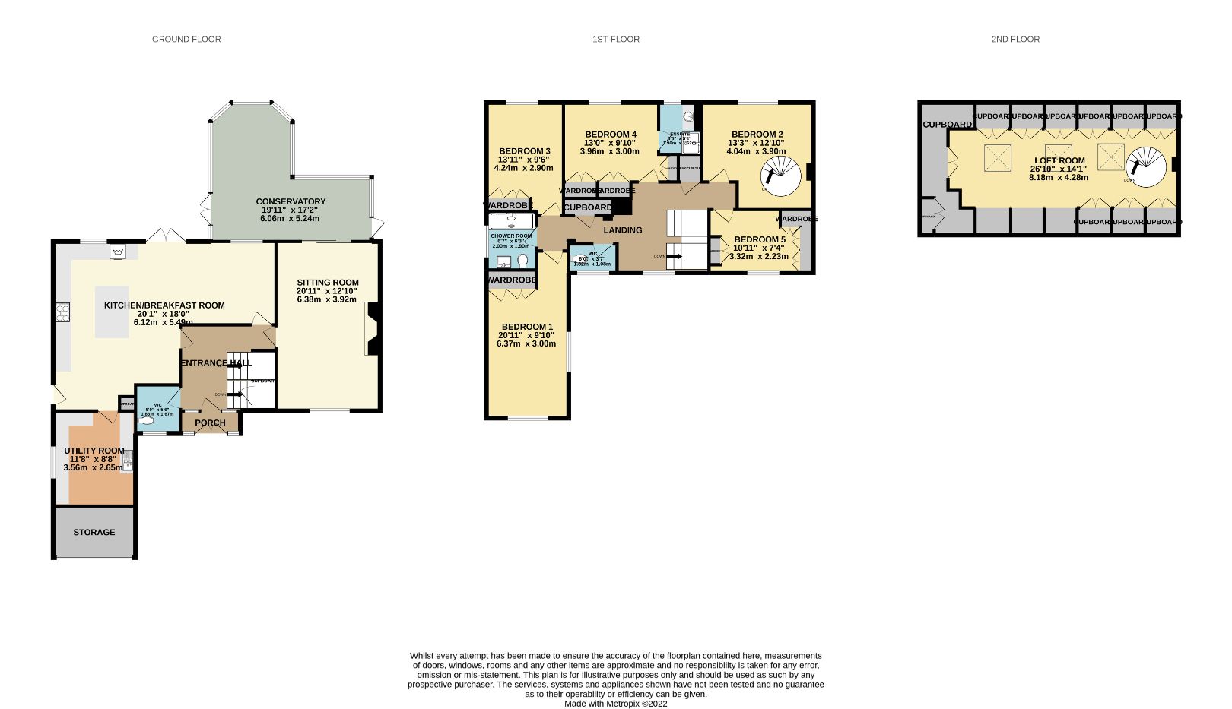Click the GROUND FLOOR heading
(186, 39)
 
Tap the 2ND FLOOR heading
(1015, 39)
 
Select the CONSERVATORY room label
(291, 201)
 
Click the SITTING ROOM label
(327, 283)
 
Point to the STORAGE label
(94, 532)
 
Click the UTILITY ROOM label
(94, 451)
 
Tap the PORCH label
(210, 423)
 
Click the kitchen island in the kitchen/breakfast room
(112, 312)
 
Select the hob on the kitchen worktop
(62, 312)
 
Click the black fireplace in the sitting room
(373, 328)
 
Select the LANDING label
(623, 230)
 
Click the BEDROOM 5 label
(760, 239)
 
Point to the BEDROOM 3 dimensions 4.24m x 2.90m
(523, 168)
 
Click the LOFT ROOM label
(1059, 160)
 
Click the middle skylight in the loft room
(1058, 156)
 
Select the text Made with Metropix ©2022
(615, 704)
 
